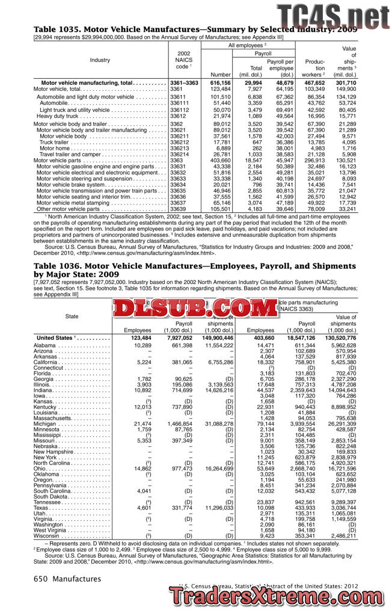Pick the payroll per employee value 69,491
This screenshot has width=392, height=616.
point(281,110)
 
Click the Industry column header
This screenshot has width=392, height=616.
point(100,60)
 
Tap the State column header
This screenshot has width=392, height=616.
point(72,316)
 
